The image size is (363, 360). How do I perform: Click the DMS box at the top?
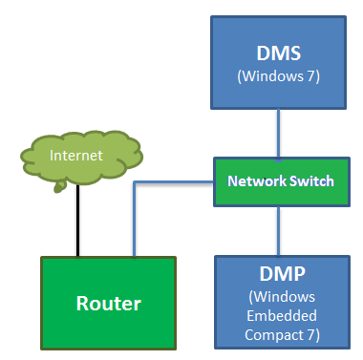coord(277,59)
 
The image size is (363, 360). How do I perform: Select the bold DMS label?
coord(277,52)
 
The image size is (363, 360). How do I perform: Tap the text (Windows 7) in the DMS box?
coord(277,74)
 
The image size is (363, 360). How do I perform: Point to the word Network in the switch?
coord(252,180)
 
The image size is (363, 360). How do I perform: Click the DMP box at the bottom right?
coord(277,299)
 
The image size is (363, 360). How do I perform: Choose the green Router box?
coord(108,304)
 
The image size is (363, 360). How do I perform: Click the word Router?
coord(108,304)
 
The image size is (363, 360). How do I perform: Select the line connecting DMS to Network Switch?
coord(278,134)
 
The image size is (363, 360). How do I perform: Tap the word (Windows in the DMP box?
coord(277,297)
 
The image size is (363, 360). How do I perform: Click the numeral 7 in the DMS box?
coord(310,74)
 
